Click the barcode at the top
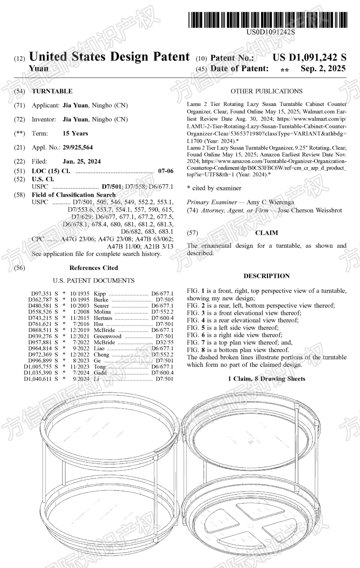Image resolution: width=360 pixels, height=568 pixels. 268,20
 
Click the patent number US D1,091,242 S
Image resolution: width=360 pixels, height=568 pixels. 309,57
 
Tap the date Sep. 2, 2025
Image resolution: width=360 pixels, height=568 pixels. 323,69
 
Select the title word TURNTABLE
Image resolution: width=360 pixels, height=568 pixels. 52,91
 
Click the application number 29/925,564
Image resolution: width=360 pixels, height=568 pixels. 78,147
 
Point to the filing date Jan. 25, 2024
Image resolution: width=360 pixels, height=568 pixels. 82,161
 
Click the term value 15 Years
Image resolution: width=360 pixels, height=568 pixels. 75,133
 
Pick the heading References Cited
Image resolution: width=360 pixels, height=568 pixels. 94,268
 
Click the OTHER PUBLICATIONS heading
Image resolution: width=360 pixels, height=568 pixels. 266,91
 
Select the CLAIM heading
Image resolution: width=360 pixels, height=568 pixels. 266,233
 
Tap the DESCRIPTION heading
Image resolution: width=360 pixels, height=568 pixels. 266,276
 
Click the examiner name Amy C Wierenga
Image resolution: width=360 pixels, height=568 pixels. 270,202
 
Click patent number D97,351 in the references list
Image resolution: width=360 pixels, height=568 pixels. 41,294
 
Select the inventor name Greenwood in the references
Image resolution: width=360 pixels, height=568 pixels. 107,336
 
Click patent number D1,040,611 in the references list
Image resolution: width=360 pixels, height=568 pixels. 38,379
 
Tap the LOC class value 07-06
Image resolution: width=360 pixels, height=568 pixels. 166,171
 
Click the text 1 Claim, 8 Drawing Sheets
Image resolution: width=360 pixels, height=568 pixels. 266,379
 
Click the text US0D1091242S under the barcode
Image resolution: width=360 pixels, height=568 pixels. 271,32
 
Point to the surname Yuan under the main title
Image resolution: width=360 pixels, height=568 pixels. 39,69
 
